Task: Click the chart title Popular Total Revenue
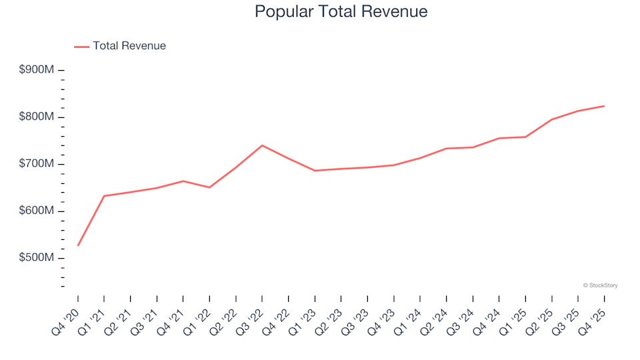coord(341,11)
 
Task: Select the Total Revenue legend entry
coord(129,46)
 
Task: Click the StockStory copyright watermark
coord(600,285)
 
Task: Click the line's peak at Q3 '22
coord(262,145)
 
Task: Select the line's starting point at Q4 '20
coord(78,245)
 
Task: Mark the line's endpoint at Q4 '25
coord(604,106)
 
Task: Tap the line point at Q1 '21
coord(104,196)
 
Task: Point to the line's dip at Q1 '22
coord(209,187)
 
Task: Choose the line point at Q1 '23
coord(315,171)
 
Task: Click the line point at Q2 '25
coord(551,119)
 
